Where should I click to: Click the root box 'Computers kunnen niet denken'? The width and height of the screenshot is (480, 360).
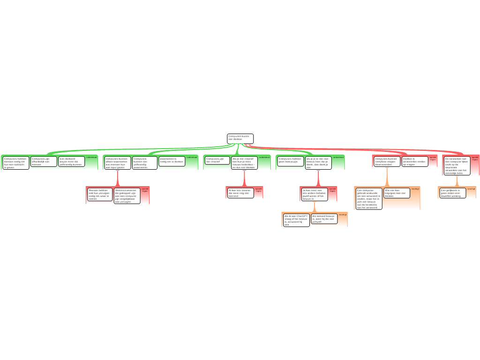(x=240, y=139)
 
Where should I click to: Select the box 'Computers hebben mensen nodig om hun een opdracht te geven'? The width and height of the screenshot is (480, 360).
(x=16, y=162)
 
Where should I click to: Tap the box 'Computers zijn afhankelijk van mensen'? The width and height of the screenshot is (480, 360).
(x=44, y=162)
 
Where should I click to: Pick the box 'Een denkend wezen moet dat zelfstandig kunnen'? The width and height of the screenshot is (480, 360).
(x=71, y=162)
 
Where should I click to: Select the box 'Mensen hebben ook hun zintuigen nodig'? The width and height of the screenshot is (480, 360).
(x=100, y=195)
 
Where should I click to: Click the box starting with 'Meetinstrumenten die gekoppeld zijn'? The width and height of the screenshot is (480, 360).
(x=127, y=196)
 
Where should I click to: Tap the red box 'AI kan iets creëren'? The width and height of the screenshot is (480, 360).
(x=240, y=193)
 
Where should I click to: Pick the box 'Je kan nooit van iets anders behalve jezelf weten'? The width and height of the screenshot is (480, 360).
(x=314, y=195)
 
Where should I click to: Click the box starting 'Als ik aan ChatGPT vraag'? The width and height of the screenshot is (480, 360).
(x=296, y=220)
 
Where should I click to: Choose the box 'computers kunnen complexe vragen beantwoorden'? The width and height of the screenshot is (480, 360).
(x=387, y=161)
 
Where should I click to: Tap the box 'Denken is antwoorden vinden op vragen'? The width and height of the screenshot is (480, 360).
(x=415, y=161)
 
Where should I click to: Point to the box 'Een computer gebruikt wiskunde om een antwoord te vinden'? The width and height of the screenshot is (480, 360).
(x=368, y=198)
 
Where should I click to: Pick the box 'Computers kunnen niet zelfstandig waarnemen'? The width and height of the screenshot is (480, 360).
(x=144, y=163)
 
